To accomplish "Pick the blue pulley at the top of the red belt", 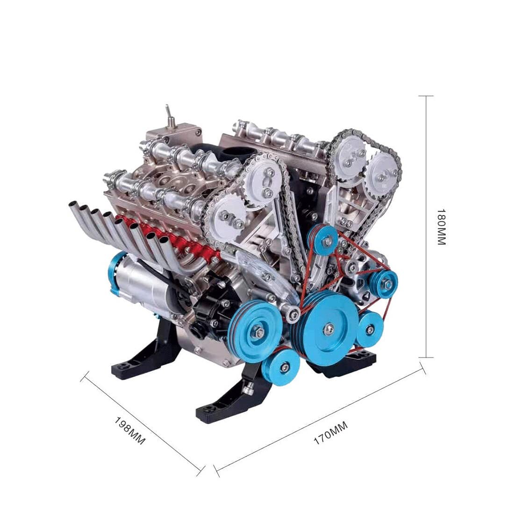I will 325,240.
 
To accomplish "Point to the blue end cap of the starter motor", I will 115,271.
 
